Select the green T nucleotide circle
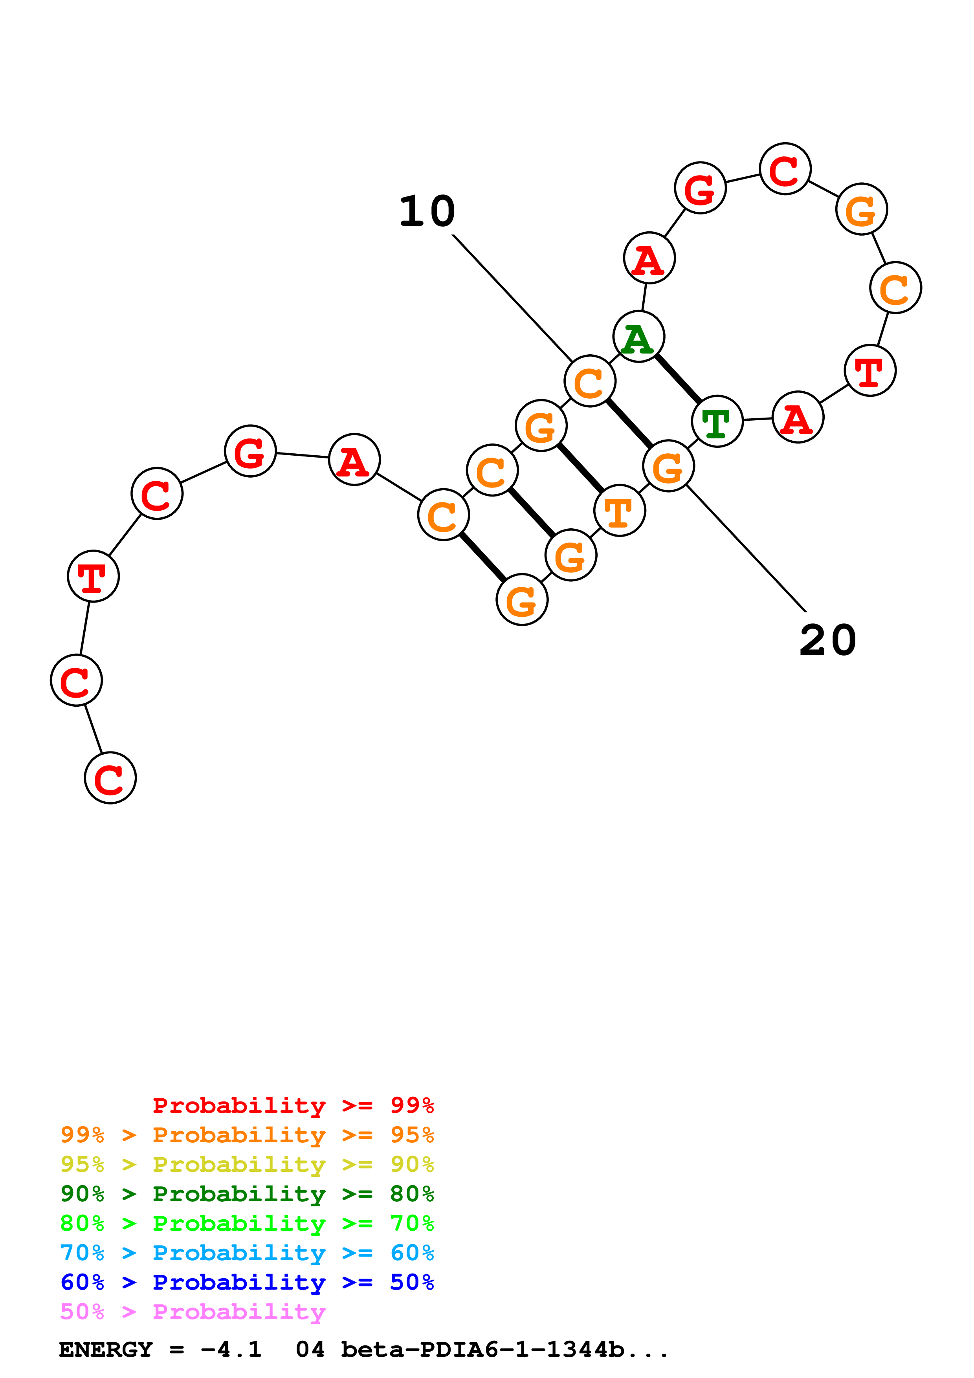717,421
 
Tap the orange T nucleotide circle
619,511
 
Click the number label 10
427,211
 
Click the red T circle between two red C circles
94,576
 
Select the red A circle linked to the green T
798,417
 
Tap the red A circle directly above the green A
649,258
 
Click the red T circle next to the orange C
869,370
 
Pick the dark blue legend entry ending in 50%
247,1282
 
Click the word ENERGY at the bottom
106,1349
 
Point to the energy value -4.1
231,1349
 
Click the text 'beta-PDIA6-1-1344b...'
504,1349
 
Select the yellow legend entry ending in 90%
247,1164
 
